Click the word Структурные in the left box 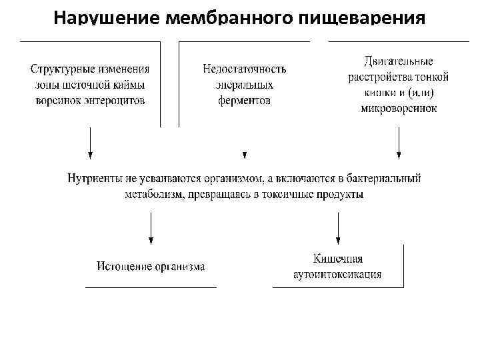60,69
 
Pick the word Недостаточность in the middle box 244,69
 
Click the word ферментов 244,101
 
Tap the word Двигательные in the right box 399,61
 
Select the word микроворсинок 399,109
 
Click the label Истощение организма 151,267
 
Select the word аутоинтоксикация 337,274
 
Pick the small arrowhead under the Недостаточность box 245,155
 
